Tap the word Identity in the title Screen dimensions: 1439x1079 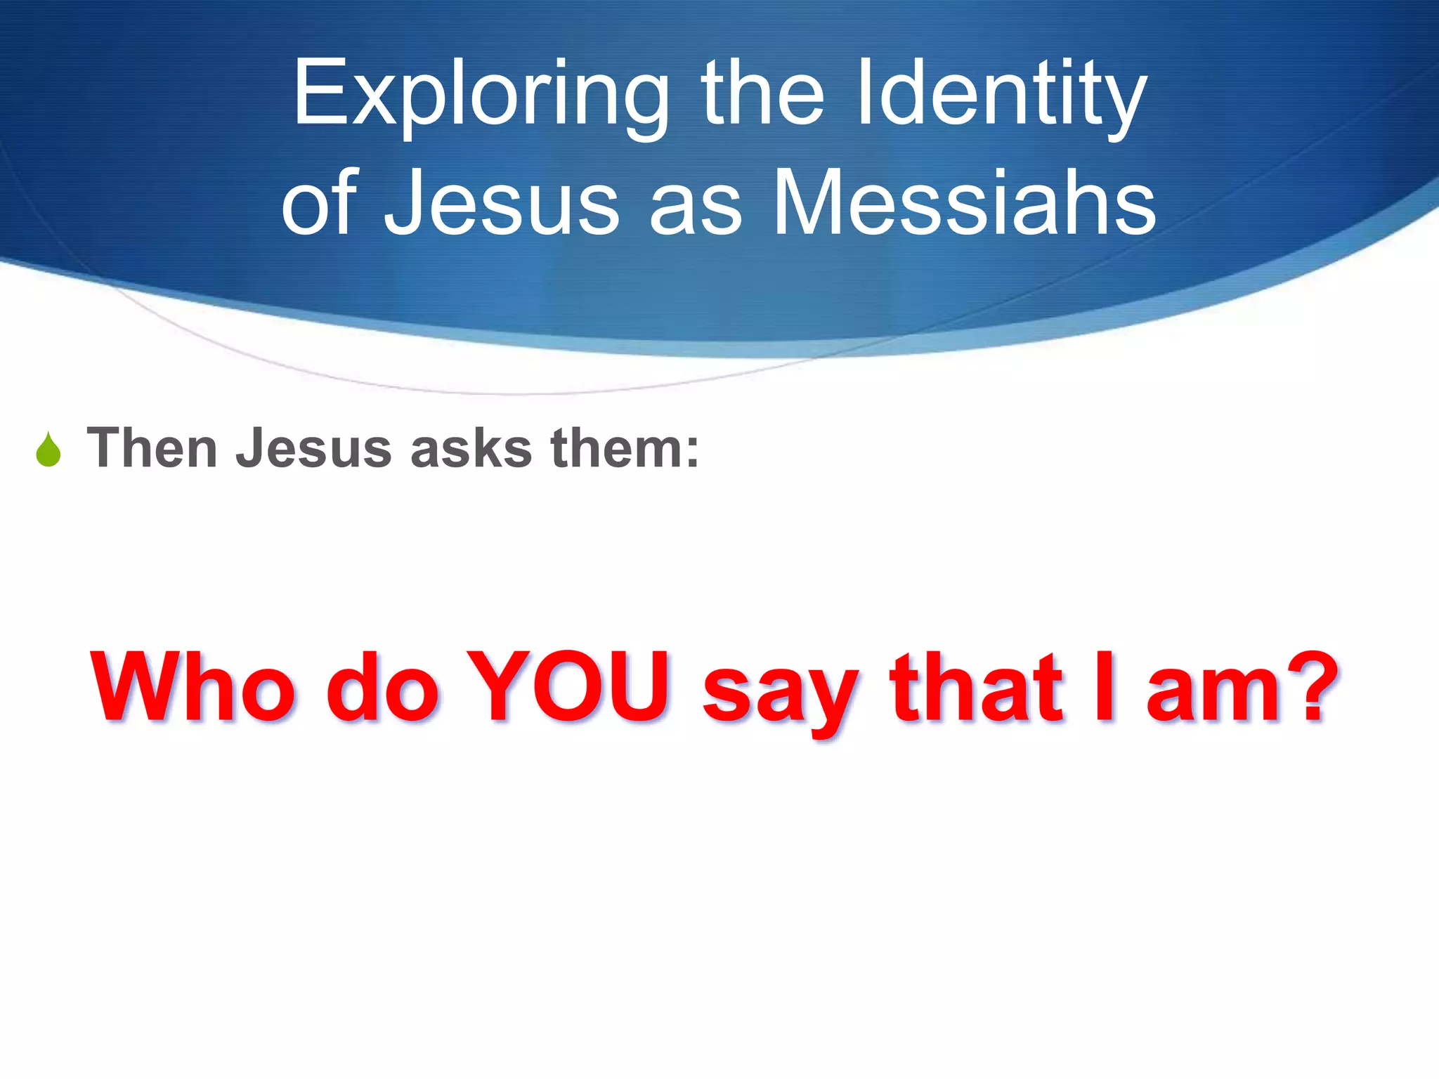tap(1002, 95)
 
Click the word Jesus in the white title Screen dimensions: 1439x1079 tap(501, 204)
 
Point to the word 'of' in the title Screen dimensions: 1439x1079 tap(320, 204)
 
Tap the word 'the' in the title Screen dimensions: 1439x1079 tap(762, 95)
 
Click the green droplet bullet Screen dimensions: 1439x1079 tap(48, 450)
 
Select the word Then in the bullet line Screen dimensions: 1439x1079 tap(151, 448)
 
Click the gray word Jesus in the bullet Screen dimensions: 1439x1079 tap(313, 448)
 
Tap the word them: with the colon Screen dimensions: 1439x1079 tap(625, 448)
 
